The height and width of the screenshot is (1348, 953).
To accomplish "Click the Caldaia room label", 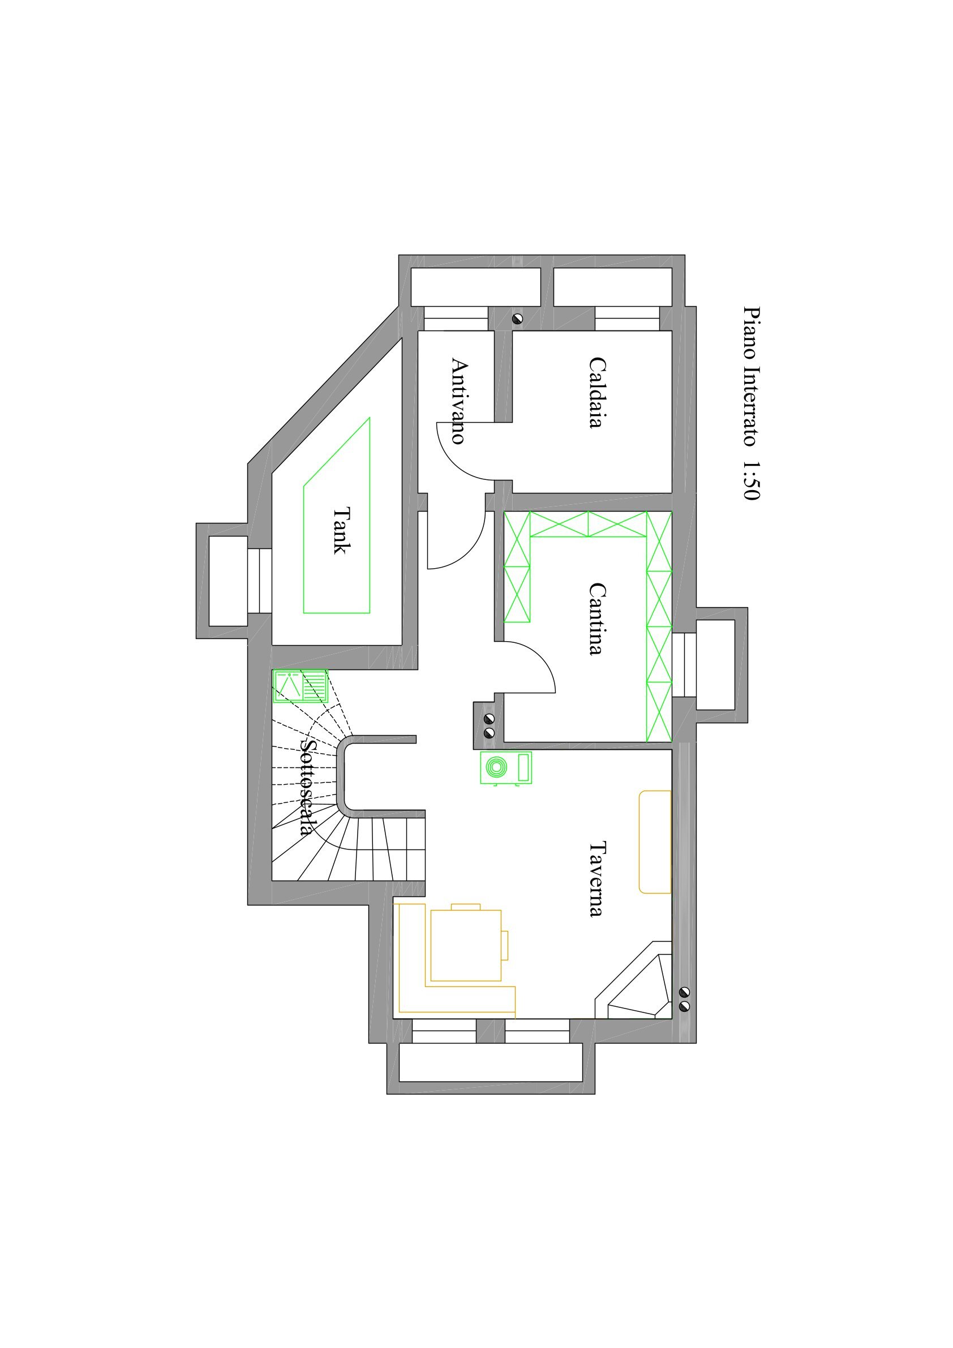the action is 596,393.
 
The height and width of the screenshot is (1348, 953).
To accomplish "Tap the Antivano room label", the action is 458,401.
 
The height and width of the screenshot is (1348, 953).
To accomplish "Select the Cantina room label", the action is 596,618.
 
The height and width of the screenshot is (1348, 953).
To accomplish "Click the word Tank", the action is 341,530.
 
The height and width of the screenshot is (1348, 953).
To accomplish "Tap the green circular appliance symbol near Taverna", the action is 505,767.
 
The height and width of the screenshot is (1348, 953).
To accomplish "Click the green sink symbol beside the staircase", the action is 300,686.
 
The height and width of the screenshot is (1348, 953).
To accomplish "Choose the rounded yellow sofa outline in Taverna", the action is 655,842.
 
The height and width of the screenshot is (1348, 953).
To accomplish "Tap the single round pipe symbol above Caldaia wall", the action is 517,319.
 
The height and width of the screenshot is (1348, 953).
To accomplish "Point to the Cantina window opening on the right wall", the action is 684,664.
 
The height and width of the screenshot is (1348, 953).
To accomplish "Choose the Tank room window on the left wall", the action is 260,581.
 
